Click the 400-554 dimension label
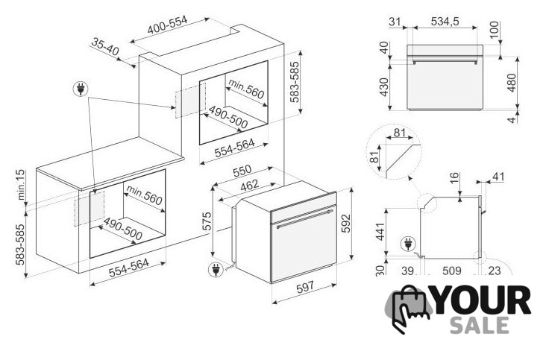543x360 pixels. click(x=167, y=25)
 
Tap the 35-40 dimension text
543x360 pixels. click(x=105, y=47)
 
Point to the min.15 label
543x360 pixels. click(x=21, y=185)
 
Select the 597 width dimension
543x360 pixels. click(x=305, y=287)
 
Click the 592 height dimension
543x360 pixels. click(x=345, y=224)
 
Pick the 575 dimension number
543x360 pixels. click(x=206, y=221)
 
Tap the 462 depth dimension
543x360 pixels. click(x=249, y=185)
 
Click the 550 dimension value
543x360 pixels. click(x=242, y=170)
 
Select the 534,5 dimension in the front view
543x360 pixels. click(x=445, y=22)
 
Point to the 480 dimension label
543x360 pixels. click(x=511, y=83)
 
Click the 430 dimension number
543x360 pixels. click(x=384, y=87)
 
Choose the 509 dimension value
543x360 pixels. click(x=451, y=271)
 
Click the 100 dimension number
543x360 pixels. click(x=495, y=30)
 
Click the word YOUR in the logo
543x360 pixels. click(x=482, y=300)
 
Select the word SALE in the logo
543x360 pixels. click(x=480, y=326)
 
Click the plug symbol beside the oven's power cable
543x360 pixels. click(x=216, y=270)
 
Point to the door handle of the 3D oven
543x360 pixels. click(x=305, y=218)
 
